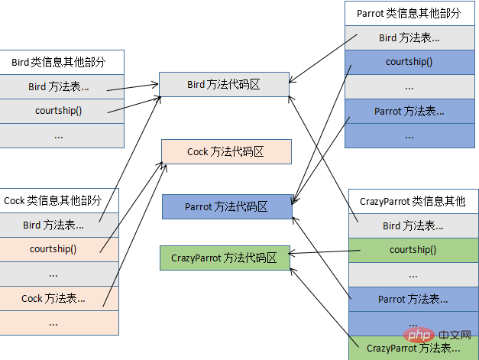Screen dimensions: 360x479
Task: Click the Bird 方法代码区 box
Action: tap(224, 85)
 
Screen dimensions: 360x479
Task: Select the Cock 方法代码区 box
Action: tap(226, 151)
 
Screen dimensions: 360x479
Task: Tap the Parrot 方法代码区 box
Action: tap(227, 206)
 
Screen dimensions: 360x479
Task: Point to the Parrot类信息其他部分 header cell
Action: tap(409, 14)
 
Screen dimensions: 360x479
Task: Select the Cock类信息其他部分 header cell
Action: tap(59, 201)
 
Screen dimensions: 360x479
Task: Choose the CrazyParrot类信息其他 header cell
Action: tap(412, 202)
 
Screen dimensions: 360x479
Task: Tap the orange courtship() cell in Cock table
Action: tap(59, 249)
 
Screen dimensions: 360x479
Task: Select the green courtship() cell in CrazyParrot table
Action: tap(413, 250)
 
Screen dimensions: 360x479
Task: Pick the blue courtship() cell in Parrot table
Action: tap(409, 62)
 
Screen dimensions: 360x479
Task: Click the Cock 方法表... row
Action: tap(59, 298)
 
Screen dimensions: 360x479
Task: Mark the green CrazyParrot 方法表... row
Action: tap(413, 348)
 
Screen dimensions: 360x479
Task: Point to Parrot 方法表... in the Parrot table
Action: tap(409, 111)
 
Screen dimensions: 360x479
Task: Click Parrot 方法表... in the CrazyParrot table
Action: tap(413, 299)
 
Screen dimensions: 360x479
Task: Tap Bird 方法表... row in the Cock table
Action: tap(59, 225)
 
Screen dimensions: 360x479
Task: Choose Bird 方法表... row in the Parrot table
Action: tap(409, 37)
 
